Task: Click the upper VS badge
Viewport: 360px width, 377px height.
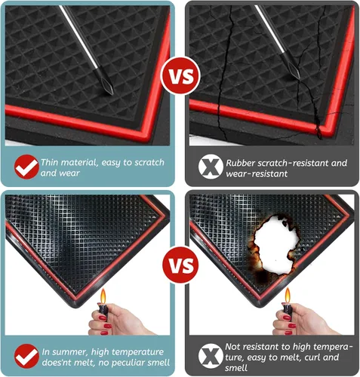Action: [180, 76]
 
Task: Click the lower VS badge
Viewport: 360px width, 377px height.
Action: [180, 265]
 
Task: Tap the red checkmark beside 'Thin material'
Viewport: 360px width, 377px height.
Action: [26, 167]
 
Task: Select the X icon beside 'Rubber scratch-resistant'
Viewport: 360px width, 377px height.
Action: [211, 167]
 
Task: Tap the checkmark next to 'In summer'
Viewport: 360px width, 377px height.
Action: [26, 356]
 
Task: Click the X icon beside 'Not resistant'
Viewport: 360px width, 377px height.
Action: [211, 356]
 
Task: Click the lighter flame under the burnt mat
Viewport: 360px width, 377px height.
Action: [288, 296]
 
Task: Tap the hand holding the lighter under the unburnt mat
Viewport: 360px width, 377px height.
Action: [118, 320]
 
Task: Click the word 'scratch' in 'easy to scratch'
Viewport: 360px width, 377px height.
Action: [149, 162]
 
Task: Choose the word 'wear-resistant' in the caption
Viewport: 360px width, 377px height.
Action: [257, 173]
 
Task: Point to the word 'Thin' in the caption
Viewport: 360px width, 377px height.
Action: [50, 162]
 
